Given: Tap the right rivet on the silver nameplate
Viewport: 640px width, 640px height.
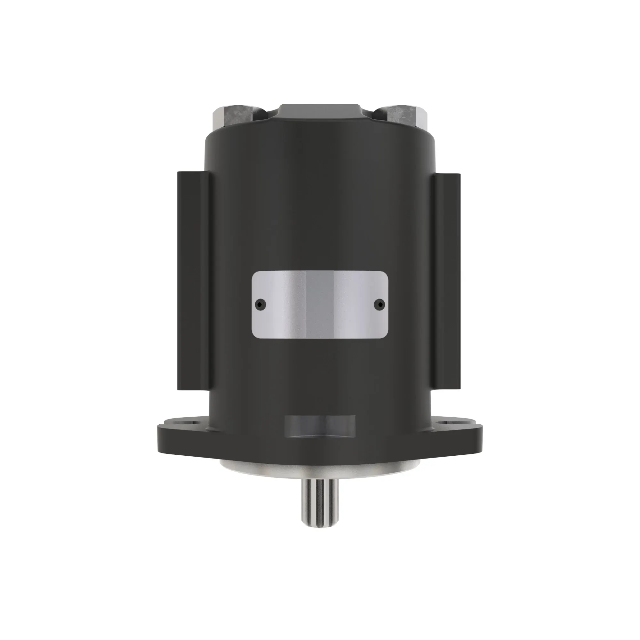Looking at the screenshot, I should tap(380, 303).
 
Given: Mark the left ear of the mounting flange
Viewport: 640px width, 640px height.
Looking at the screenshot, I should tap(179, 437).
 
